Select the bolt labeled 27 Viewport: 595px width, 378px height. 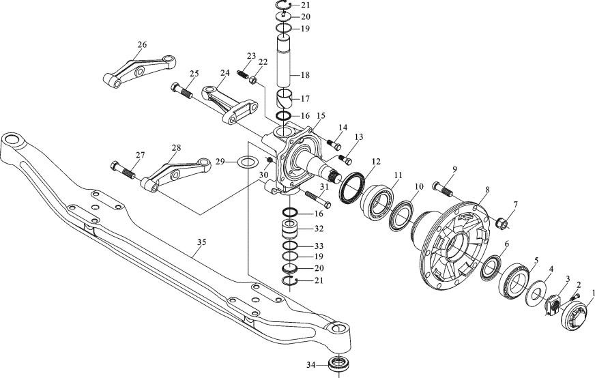click(x=122, y=169)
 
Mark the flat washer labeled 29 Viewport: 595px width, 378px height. click(x=247, y=163)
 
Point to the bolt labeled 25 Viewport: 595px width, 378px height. click(x=182, y=90)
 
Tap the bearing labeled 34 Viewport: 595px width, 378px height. click(x=338, y=364)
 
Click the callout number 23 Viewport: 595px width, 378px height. click(x=251, y=57)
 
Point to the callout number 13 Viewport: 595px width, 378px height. click(x=358, y=136)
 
